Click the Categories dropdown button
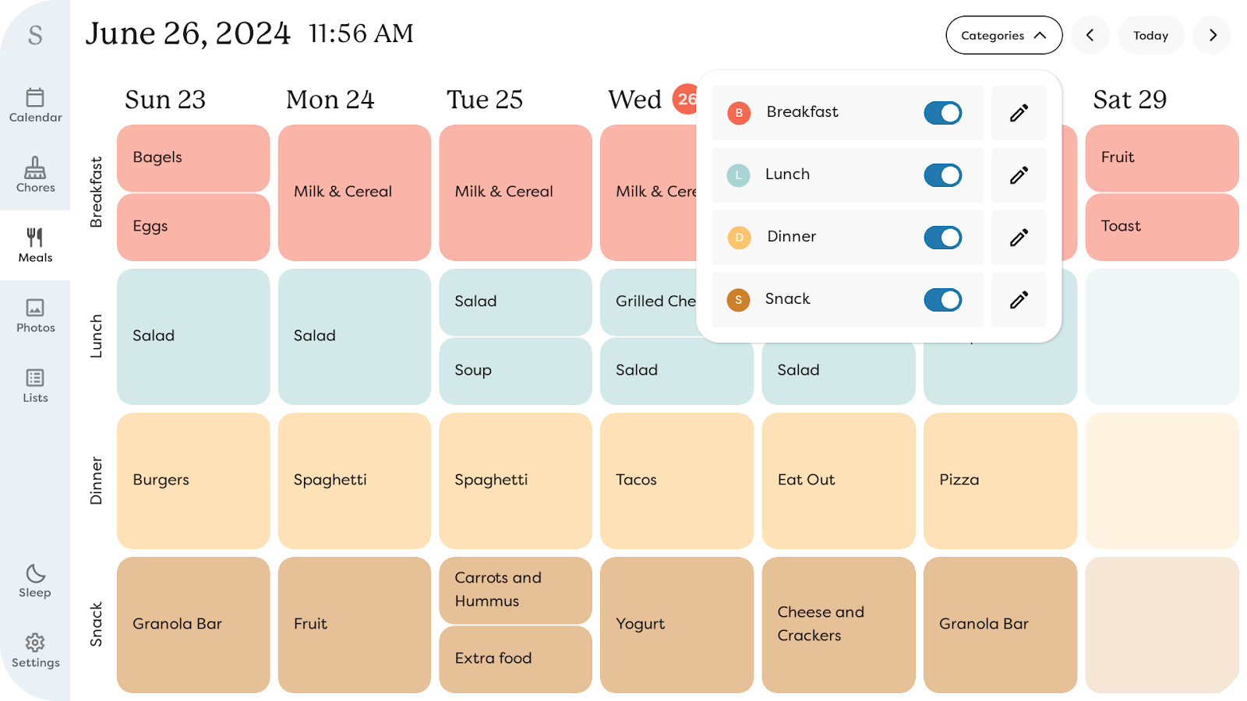click(1003, 36)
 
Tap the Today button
click(1150, 36)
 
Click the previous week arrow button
click(1090, 36)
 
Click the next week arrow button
click(1212, 36)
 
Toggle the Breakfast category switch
click(942, 113)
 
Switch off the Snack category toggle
click(942, 300)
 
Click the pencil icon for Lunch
click(1019, 175)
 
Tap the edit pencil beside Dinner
click(1019, 238)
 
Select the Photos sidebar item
click(35, 315)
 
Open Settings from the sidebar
click(35, 650)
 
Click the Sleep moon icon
click(35, 575)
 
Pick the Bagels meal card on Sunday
click(193, 158)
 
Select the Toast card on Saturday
click(1161, 227)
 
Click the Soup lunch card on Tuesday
click(515, 371)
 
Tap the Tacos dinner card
click(676, 481)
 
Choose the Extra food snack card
click(515, 659)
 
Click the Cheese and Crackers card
click(838, 624)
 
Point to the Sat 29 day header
click(1129, 100)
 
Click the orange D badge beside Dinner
click(739, 238)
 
